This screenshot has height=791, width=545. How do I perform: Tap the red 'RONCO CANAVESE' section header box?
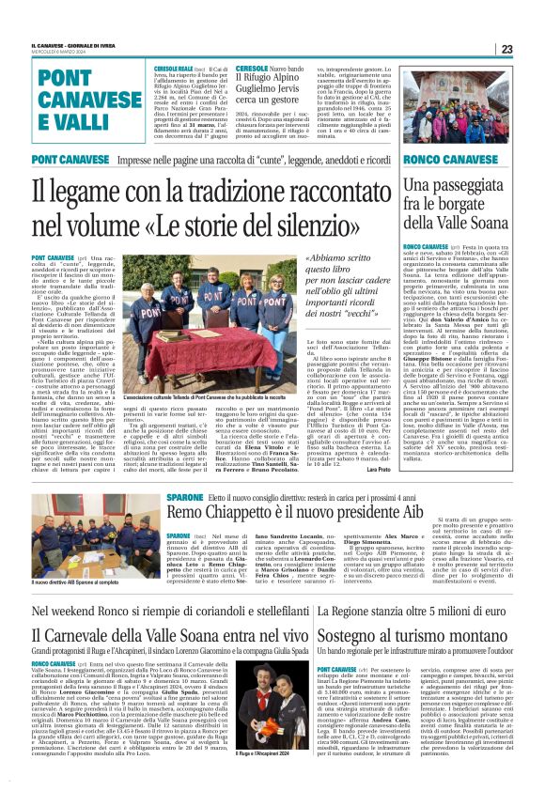[x=449, y=161]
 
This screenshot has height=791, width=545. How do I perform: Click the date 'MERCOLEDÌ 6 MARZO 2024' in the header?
[x=60, y=54]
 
